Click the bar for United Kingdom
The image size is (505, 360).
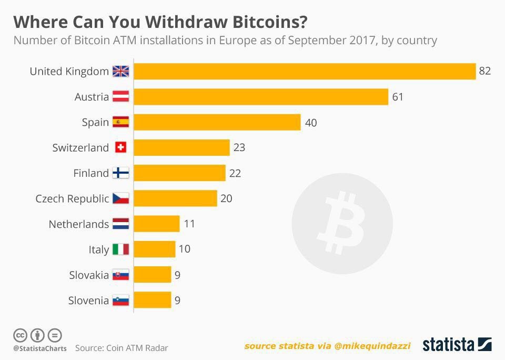305,71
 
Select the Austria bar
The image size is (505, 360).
261,97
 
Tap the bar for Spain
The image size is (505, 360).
217,122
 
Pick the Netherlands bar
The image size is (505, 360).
157,224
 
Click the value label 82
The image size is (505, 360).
484,71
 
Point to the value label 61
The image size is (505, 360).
398,97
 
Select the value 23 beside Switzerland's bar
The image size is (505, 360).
239,148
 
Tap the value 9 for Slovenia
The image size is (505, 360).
178,301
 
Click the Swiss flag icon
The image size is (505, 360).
120,148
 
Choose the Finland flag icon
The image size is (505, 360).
120,173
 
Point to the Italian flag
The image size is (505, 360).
120,249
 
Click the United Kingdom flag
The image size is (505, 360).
120,72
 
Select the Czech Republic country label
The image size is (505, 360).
72,198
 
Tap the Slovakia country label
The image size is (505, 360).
89,275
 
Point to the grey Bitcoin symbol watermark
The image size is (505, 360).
342,223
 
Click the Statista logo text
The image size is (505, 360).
449,345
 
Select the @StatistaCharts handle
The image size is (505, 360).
40,348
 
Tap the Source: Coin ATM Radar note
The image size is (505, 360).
122,348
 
